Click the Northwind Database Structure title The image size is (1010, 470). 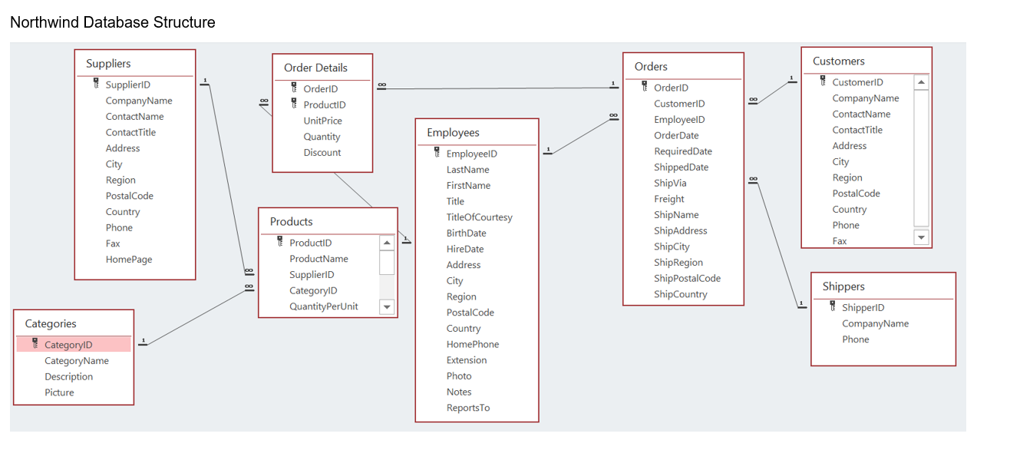[112, 22]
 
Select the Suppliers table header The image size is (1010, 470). [108, 64]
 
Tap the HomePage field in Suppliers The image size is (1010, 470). [129, 260]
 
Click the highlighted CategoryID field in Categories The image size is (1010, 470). [68, 345]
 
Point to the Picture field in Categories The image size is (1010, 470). [59, 392]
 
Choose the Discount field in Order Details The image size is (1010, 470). [322, 152]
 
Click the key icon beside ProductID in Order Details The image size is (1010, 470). [293, 104]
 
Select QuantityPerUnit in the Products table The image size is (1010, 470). [323, 306]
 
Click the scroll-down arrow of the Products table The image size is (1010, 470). [387, 307]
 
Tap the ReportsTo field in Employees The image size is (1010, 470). [467, 408]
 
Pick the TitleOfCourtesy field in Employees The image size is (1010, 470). [479, 217]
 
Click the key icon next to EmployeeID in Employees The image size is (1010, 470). [436, 153]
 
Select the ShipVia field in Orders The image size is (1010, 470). [670, 183]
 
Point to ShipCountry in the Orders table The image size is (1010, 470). [680, 294]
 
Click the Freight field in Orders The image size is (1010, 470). [668, 199]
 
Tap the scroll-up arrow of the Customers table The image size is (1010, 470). [921, 82]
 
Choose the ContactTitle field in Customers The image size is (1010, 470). [857, 130]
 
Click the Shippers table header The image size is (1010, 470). [843, 286]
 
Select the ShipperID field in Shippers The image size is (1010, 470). [863, 307]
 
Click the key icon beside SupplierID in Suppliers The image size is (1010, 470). [96, 84]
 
